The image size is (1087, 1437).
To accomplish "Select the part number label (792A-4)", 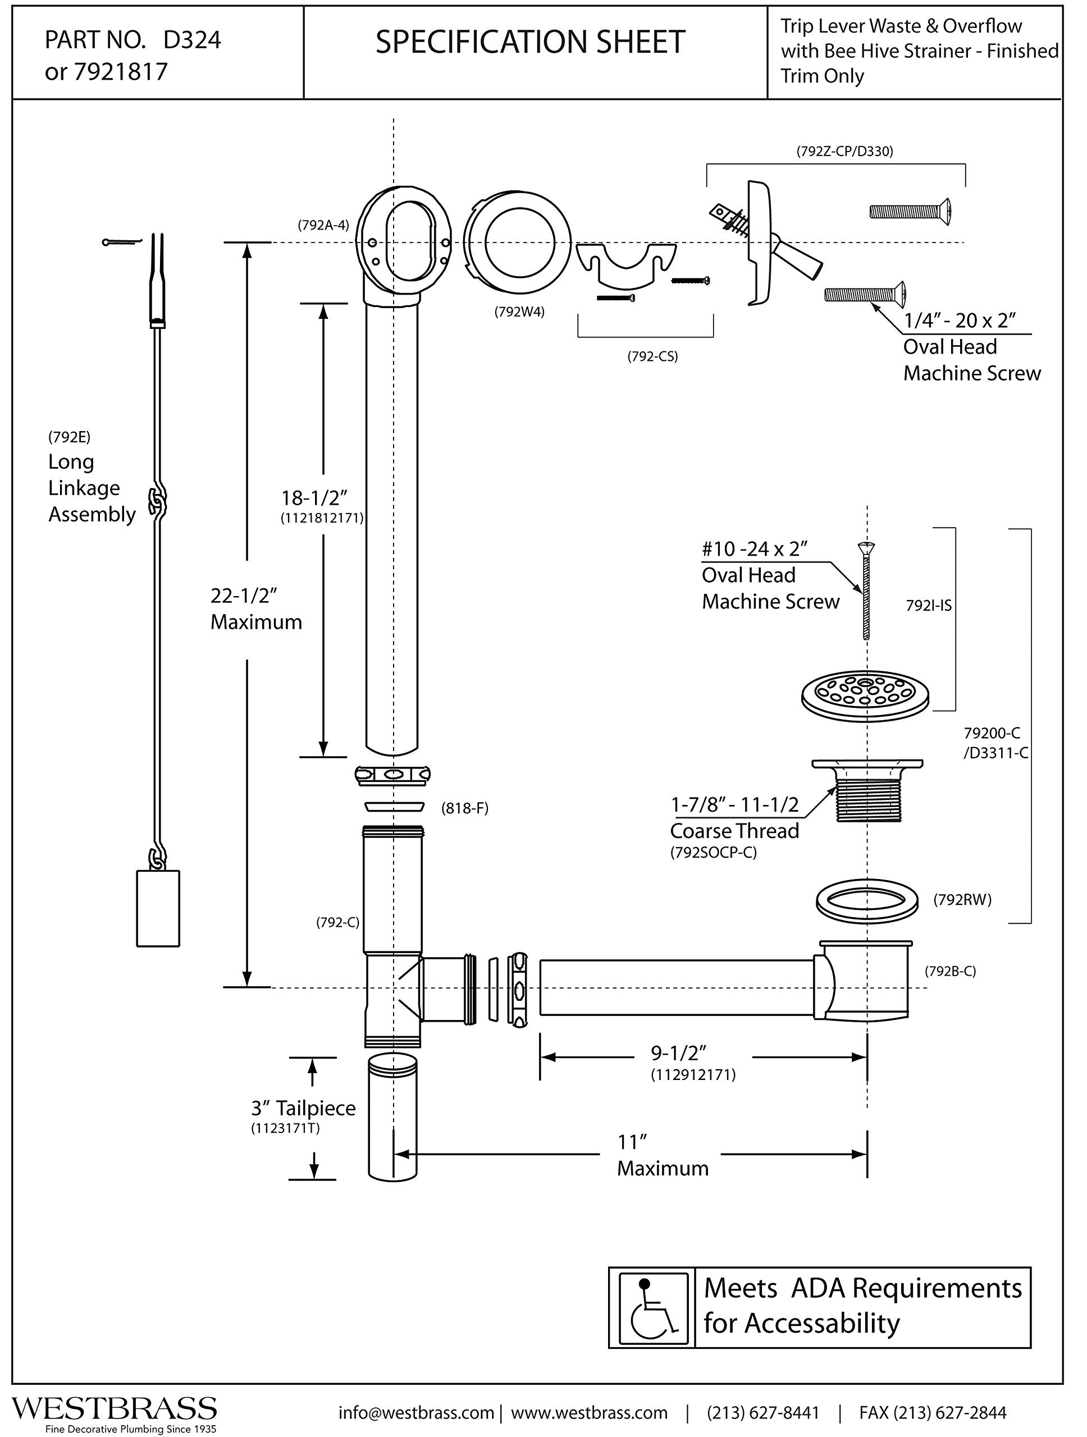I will click(x=323, y=226).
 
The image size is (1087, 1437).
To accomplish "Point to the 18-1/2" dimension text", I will click(x=314, y=498).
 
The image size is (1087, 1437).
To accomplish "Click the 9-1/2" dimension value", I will click(x=679, y=1052).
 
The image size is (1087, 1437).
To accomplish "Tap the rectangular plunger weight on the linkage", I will click(x=158, y=908).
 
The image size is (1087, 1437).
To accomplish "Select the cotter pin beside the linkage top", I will click(x=121, y=242).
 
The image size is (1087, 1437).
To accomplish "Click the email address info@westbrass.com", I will click(x=416, y=1412).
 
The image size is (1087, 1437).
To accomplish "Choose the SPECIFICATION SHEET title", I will click(x=530, y=42).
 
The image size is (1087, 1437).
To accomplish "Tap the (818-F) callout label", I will click(x=464, y=808).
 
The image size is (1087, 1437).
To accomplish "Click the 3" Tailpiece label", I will click(x=303, y=1107).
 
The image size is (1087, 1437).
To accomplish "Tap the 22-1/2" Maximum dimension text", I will click(x=256, y=608).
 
